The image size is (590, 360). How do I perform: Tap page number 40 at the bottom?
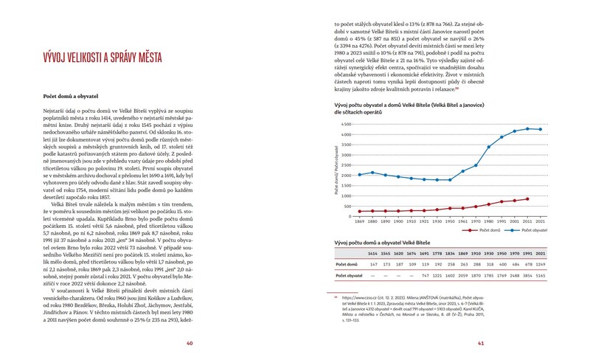190,342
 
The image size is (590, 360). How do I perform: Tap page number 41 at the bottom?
480,342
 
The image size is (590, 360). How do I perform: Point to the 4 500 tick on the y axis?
348,124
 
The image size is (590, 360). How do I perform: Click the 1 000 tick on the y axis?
348,195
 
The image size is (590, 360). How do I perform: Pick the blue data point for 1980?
488,147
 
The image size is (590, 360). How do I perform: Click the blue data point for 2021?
541,129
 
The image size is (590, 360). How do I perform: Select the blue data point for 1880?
372,173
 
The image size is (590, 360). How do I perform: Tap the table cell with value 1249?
540,263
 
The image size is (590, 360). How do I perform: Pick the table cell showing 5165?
540,275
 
